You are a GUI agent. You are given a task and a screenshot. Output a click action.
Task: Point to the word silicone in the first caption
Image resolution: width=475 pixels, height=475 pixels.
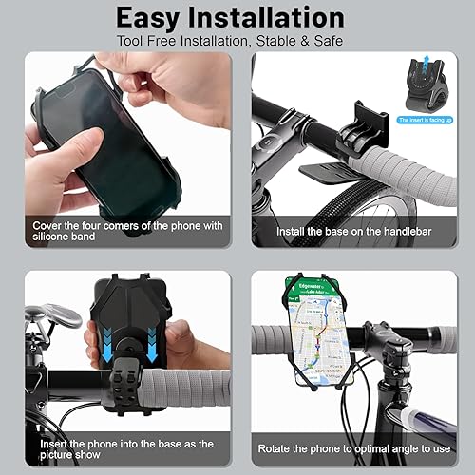tap(50, 236)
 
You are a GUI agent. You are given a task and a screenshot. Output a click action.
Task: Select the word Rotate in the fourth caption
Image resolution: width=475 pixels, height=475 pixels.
tap(277, 447)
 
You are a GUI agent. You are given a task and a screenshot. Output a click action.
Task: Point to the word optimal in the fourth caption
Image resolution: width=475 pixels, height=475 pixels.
tap(373, 447)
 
